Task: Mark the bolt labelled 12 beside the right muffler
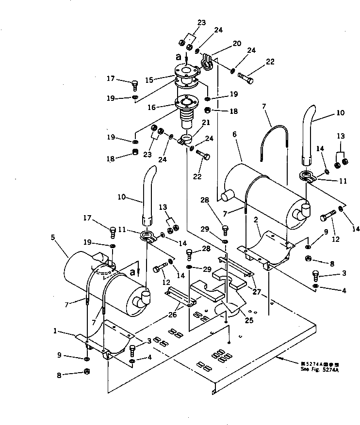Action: [x=327, y=215]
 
